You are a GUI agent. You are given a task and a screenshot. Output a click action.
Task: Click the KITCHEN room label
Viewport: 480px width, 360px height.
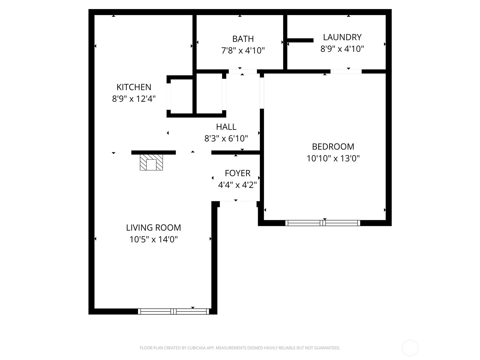coord(134,87)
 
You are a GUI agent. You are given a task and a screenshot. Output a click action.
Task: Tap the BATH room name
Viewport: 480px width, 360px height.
coord(243,39)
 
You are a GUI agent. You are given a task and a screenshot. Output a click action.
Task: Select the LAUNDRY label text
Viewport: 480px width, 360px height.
coord(342,37)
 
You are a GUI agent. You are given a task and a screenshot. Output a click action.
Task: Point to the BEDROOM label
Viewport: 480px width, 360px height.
coord(333,147)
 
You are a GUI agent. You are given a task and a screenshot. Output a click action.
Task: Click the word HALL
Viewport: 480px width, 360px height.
coord(226,127)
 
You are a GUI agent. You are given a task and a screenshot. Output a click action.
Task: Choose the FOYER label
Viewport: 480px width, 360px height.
coord(238,173)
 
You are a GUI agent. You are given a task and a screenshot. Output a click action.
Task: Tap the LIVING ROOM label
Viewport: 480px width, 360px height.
coord(153,228)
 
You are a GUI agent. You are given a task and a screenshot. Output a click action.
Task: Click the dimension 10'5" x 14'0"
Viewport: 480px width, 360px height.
coord(153,239)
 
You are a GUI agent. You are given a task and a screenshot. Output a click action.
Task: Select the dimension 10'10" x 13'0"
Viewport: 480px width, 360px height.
coord(333,158)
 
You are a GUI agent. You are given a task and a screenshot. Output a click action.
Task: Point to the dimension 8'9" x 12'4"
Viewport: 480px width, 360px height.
coord(134,99)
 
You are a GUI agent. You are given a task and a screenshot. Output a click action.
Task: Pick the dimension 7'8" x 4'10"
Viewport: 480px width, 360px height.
coord(243,50)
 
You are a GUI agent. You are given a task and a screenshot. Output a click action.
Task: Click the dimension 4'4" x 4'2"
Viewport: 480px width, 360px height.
coord(237,185)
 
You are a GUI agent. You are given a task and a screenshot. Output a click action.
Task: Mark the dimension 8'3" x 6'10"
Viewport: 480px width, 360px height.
coord(226,138)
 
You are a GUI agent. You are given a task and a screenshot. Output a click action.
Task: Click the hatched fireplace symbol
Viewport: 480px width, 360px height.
coord(151,163)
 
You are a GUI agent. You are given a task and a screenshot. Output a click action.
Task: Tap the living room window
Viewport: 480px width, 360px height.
coord(174,311)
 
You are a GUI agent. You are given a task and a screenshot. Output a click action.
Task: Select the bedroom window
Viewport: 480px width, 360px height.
coord(322,223)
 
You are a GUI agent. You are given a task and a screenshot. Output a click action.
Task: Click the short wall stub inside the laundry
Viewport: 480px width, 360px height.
coord(300,40)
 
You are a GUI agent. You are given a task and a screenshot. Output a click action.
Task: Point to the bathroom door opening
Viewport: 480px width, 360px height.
coord(243,71)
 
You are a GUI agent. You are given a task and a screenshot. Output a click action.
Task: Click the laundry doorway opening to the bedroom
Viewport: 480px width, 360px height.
coord(346,71)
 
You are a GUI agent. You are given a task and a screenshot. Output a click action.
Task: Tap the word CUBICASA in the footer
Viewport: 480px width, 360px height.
coord(196,348)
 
